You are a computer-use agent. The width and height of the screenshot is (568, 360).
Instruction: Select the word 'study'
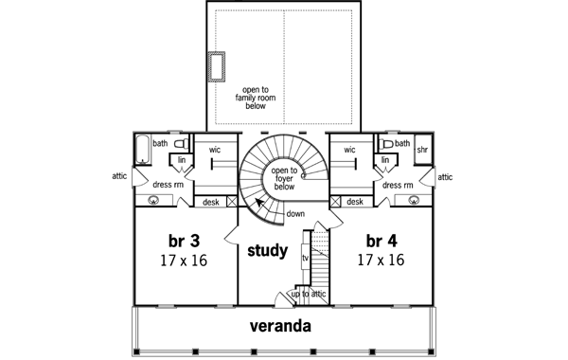click(268, 252)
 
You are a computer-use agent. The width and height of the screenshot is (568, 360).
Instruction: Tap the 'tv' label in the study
click(305, 258)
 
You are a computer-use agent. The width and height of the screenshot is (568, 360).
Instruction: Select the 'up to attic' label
click(309, 295)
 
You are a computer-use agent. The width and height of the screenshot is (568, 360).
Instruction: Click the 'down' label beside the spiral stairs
click(294, 214)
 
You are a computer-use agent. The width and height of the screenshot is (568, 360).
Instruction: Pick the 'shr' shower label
click(422, 150)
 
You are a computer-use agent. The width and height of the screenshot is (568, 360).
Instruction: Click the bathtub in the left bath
click(143, 150)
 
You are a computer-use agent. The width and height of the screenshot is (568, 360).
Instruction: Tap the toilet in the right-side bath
click(386, 144)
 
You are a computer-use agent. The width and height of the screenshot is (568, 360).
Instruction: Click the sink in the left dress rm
click(153, 201)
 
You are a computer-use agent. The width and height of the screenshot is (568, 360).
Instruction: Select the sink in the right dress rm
click(414, 201)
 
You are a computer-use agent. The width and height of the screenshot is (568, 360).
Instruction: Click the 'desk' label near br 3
click(211, 202)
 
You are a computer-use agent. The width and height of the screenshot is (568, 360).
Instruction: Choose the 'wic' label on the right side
click(349, 150)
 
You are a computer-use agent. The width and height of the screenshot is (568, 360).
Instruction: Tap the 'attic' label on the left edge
click(119, 176)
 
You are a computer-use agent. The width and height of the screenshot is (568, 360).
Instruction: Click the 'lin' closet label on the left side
click(182, 160)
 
